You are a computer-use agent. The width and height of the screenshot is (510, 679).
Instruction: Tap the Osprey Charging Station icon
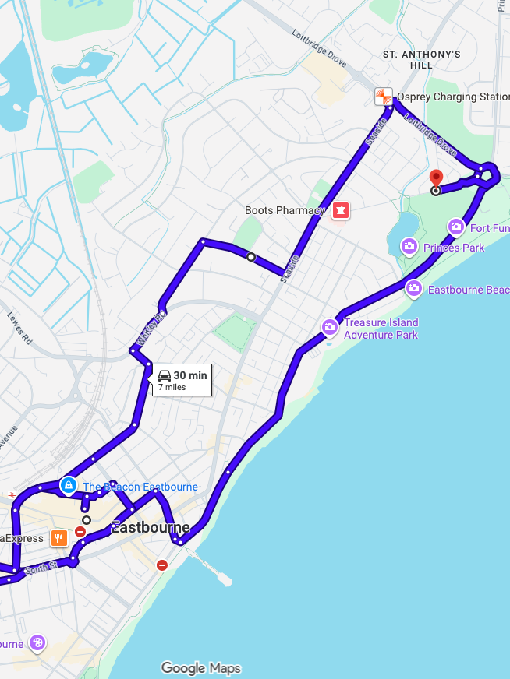(x=383, y=97)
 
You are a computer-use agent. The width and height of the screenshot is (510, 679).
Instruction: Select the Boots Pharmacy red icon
(x=340, y=210)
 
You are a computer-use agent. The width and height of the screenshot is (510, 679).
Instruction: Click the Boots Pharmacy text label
(x=285, y=210)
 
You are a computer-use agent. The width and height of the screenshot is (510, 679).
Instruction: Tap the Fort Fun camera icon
(x=456, y=227)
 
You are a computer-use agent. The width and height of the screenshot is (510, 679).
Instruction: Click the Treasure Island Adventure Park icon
(x=330, y=326)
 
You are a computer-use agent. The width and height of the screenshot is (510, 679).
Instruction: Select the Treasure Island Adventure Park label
(x=381, y=329)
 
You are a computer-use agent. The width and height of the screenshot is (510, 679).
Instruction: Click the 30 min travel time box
(x=182, y=380)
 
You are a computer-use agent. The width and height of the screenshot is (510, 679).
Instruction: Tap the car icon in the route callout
(x=164, y=375)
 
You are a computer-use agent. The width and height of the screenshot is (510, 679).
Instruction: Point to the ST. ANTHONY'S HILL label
(x=421, y=60)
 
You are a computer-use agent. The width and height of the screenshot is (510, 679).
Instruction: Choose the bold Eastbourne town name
(x=151, y=526)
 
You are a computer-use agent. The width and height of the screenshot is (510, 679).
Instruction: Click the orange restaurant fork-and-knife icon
(x=58, y=537)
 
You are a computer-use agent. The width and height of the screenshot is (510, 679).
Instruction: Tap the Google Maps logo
(x=200, y=668)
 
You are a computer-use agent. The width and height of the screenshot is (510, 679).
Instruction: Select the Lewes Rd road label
(x=19, y=329)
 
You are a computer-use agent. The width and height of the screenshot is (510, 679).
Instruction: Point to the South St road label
(x=41, y=570)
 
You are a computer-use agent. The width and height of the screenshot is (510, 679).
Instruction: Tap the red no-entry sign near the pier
(x=162, y=565)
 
